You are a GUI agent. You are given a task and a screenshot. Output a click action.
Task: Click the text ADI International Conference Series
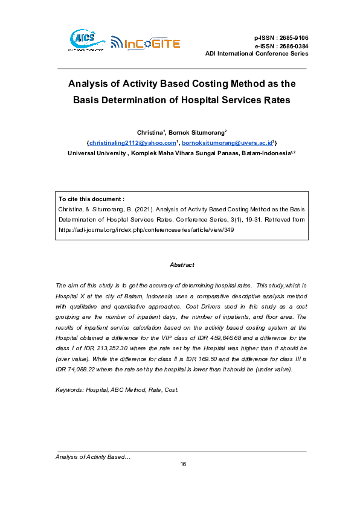[x=257, y=54]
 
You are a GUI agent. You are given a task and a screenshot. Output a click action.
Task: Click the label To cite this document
[x=91, y=199]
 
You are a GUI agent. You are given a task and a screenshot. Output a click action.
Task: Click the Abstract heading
[x=182, y=264]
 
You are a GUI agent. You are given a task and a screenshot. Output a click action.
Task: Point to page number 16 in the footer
[x=183, y=464]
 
